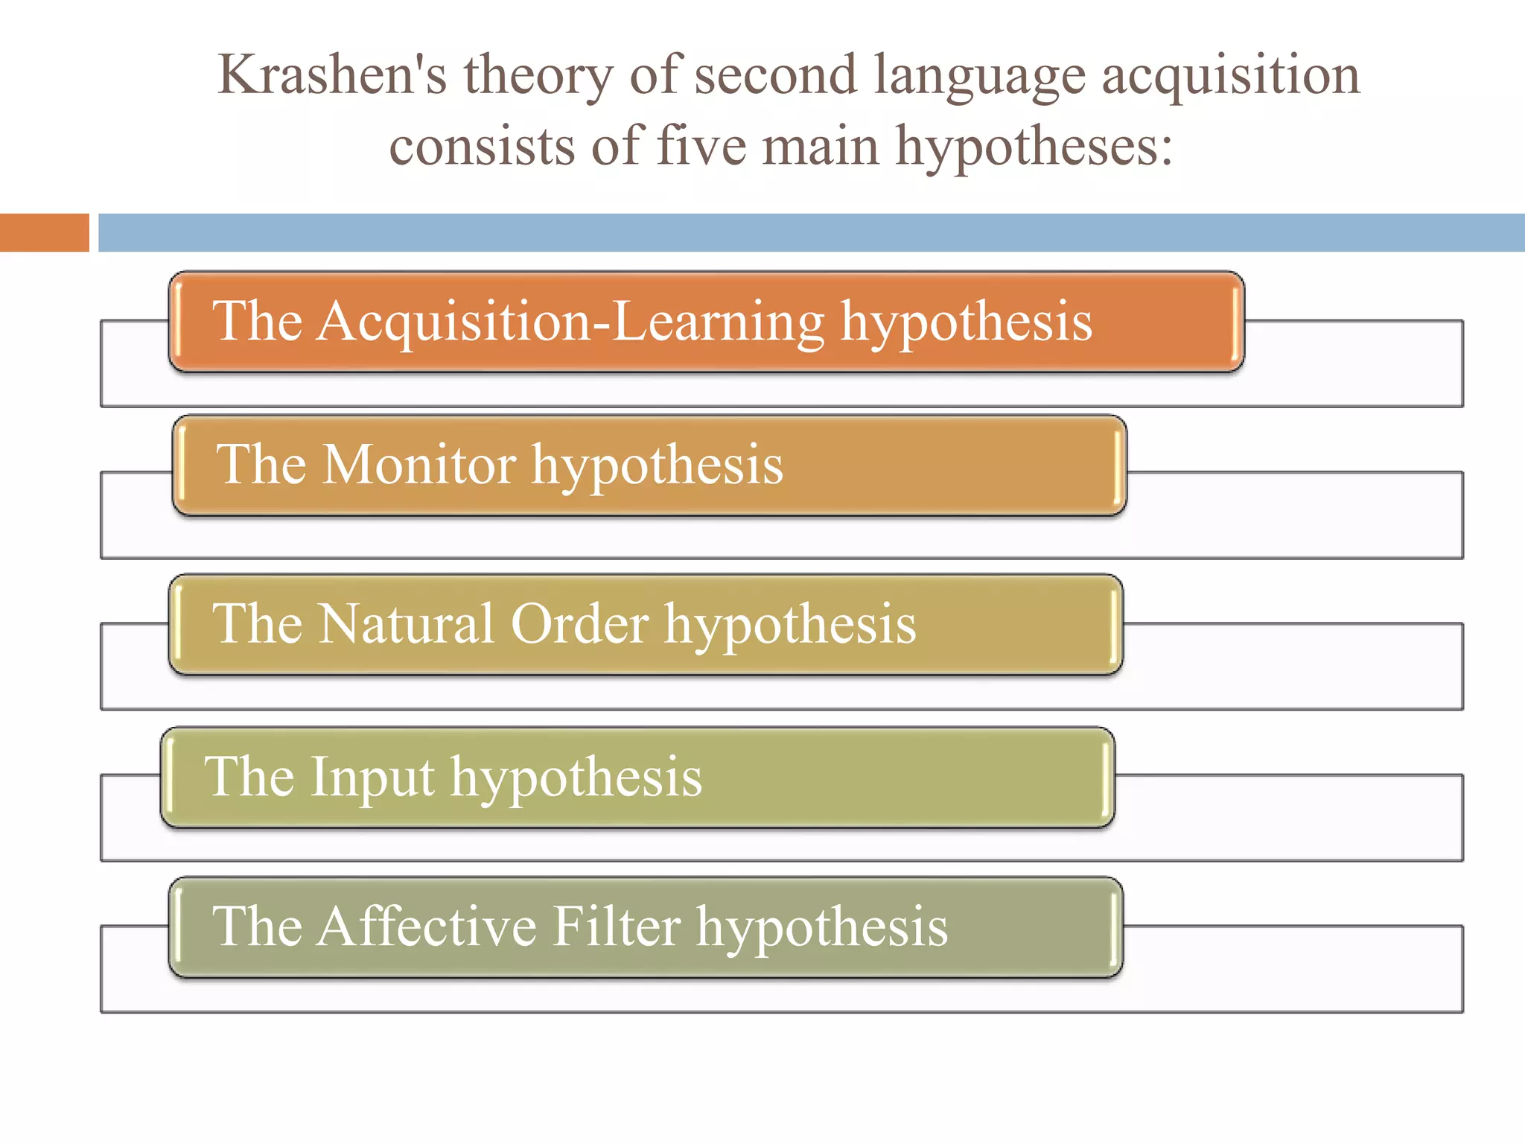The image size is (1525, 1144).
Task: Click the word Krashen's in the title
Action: coord(331,75)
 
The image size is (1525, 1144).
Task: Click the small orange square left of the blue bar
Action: coord(44,232)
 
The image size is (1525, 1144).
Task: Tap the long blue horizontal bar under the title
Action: coord(811,232)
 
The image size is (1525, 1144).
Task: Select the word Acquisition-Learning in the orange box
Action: coord(570,322)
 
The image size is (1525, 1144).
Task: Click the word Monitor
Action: coord(418,465)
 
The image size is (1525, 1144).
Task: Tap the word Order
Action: coord(579,623)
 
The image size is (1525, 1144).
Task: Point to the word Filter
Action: coord(617,927)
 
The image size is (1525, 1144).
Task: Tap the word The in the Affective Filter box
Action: coord(257,927)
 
